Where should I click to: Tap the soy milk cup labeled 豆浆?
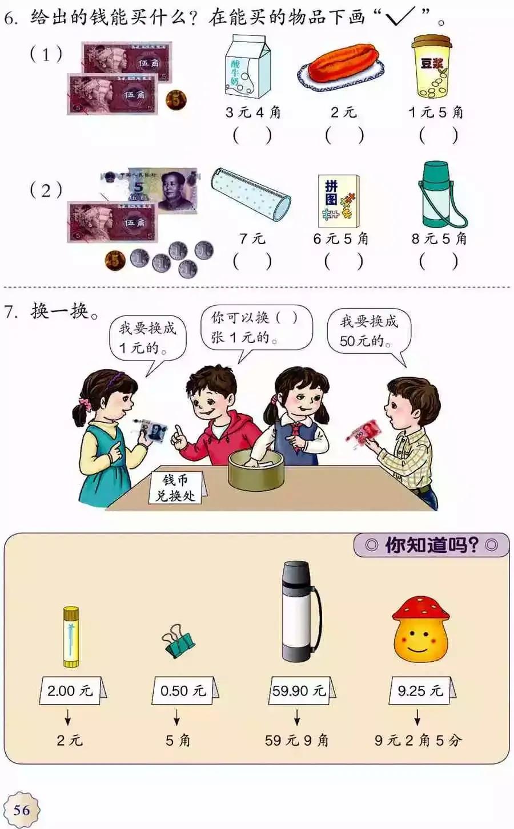click(x=432, y=67)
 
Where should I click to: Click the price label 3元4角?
click(x=252, y=112)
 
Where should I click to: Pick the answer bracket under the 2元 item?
click(x=344, y=136)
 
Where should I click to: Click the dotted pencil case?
click(x=251, y=194)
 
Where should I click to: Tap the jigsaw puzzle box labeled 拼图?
click(x=338, y=201)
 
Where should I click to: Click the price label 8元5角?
click(x=439, y=238)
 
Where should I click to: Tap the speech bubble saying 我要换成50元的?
click(x=369, y=331)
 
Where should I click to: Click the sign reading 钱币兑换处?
click(x=175, y=488)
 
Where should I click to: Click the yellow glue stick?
click(x=70, y=637)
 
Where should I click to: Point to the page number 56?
click(x=21, y=810)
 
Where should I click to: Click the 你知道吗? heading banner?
click(x=431, y=545)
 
